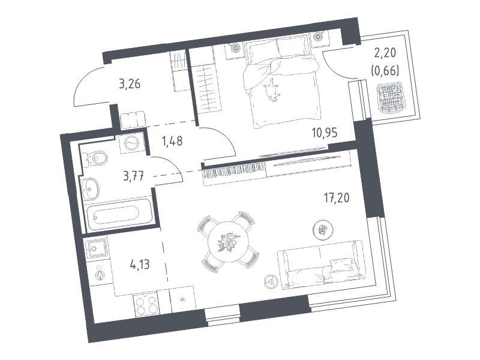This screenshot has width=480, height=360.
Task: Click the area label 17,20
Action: (337, 198)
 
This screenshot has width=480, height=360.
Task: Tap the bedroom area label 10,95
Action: (325, 133)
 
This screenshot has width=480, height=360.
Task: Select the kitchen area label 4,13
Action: (140, 264)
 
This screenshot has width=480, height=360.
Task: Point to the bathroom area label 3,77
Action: (133, 176)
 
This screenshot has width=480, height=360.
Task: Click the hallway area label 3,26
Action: (130, 83)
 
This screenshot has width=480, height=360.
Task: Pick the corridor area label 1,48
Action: (172, 141)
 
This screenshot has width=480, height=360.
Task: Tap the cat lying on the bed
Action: (272, 90)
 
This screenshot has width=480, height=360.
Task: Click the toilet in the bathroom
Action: (95, 158)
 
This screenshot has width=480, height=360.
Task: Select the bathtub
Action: (118, 214)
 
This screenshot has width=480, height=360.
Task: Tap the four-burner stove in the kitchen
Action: (146, 304)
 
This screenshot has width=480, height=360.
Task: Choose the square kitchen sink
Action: (96, 248)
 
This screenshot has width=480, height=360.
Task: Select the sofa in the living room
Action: (321, 265)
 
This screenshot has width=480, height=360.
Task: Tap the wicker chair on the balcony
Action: (392, 98)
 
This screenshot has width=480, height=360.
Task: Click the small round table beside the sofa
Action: (270, 281)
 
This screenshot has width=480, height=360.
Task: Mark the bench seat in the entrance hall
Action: (133, 120)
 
